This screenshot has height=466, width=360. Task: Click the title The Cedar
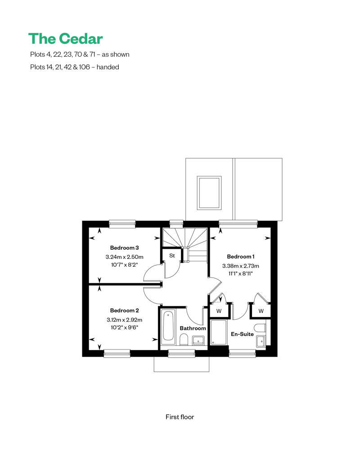(66, 39)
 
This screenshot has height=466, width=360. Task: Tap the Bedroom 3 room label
(124, 248)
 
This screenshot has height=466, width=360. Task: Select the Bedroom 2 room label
(124, 310)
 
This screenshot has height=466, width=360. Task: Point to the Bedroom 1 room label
(240, 257)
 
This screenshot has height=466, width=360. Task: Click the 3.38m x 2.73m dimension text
(240, 266)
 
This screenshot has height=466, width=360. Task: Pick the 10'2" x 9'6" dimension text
(124, 327)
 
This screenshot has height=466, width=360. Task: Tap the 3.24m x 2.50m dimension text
(124, 257)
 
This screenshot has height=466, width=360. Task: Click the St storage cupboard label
(172, 255)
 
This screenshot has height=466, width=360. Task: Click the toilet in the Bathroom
(184, 340)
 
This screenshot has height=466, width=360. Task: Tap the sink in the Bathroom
(198, 341)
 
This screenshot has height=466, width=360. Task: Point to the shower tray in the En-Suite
(219, 332)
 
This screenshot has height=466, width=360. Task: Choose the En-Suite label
(242, 334)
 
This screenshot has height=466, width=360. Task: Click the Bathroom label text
(193, 328)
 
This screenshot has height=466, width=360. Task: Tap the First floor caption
(180, 417)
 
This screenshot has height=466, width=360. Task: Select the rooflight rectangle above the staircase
(209, 193)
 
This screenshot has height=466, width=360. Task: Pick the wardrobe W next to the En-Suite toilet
(261, 311)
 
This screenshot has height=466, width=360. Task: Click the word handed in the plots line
(108, 67)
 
